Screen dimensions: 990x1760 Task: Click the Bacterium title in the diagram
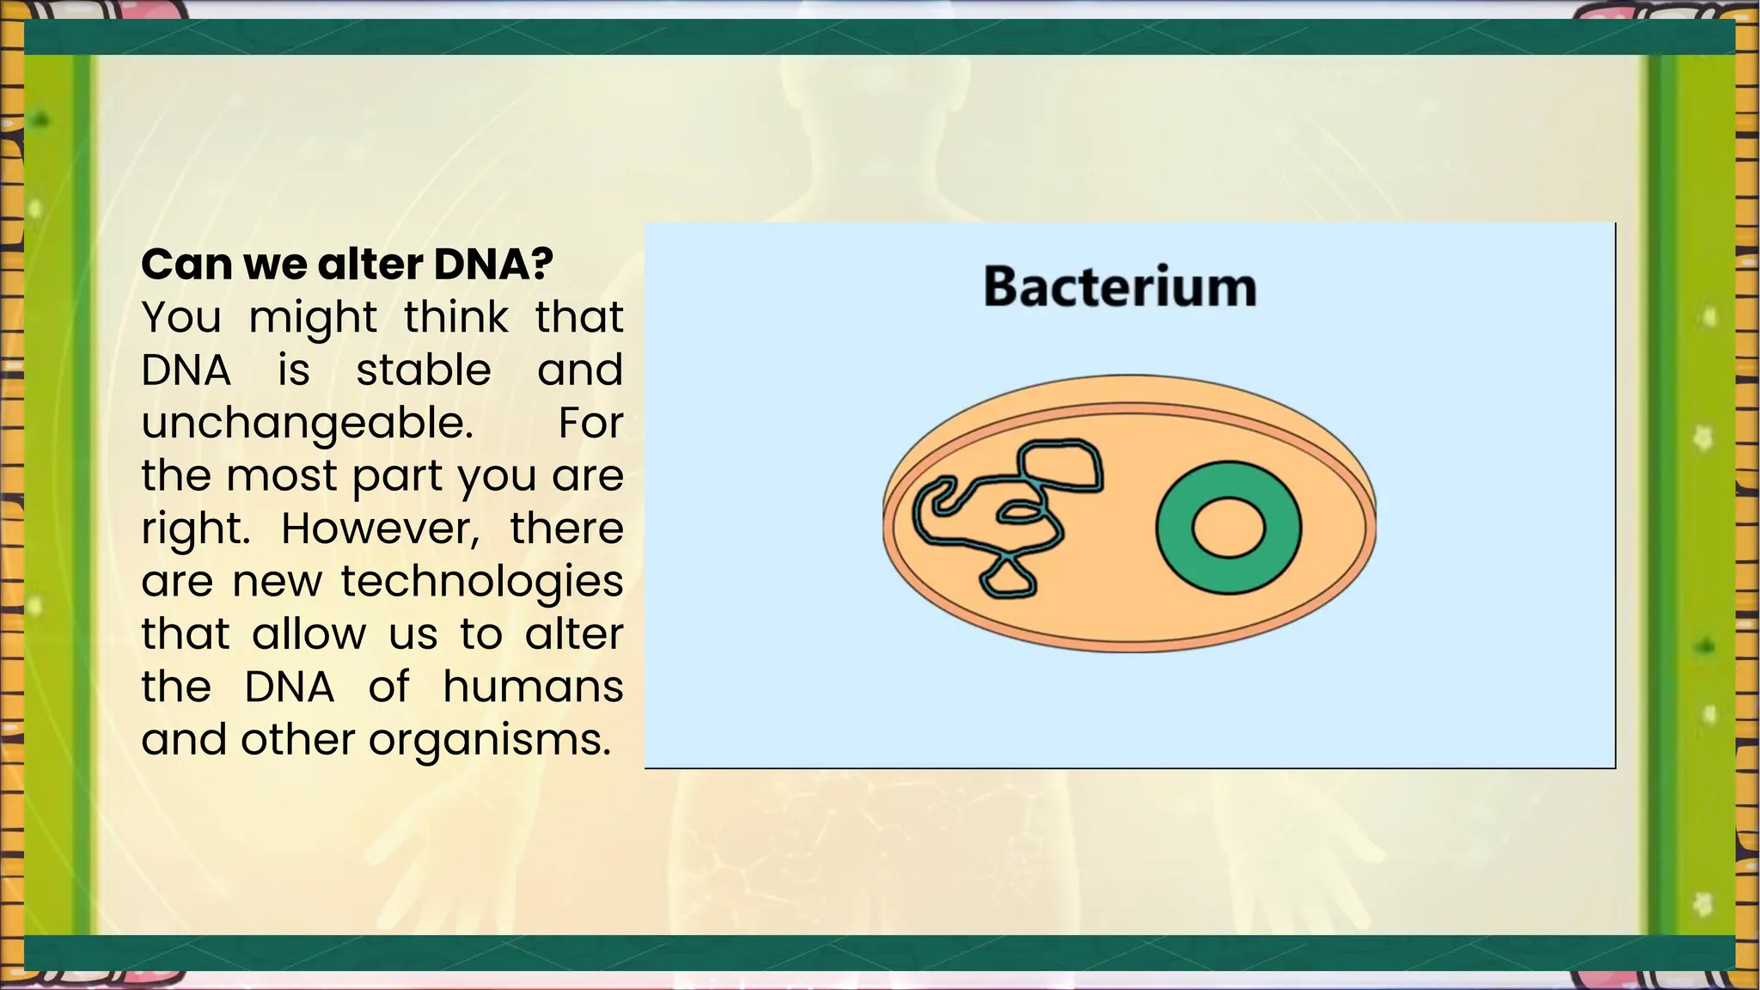click(1119, 287)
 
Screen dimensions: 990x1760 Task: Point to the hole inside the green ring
click(1228, 528)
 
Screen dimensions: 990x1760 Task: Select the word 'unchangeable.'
click(307, 423)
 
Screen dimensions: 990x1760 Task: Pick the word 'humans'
click(533, 687)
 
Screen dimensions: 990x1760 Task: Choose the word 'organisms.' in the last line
click(490, 740)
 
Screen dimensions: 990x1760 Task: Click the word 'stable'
click(423, 370)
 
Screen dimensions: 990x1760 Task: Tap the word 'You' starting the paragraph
click(180, 317)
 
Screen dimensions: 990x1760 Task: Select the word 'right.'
click(196, 529)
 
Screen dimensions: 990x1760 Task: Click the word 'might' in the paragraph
click(313, 319)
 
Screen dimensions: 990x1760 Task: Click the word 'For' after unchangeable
click(590, 423)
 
